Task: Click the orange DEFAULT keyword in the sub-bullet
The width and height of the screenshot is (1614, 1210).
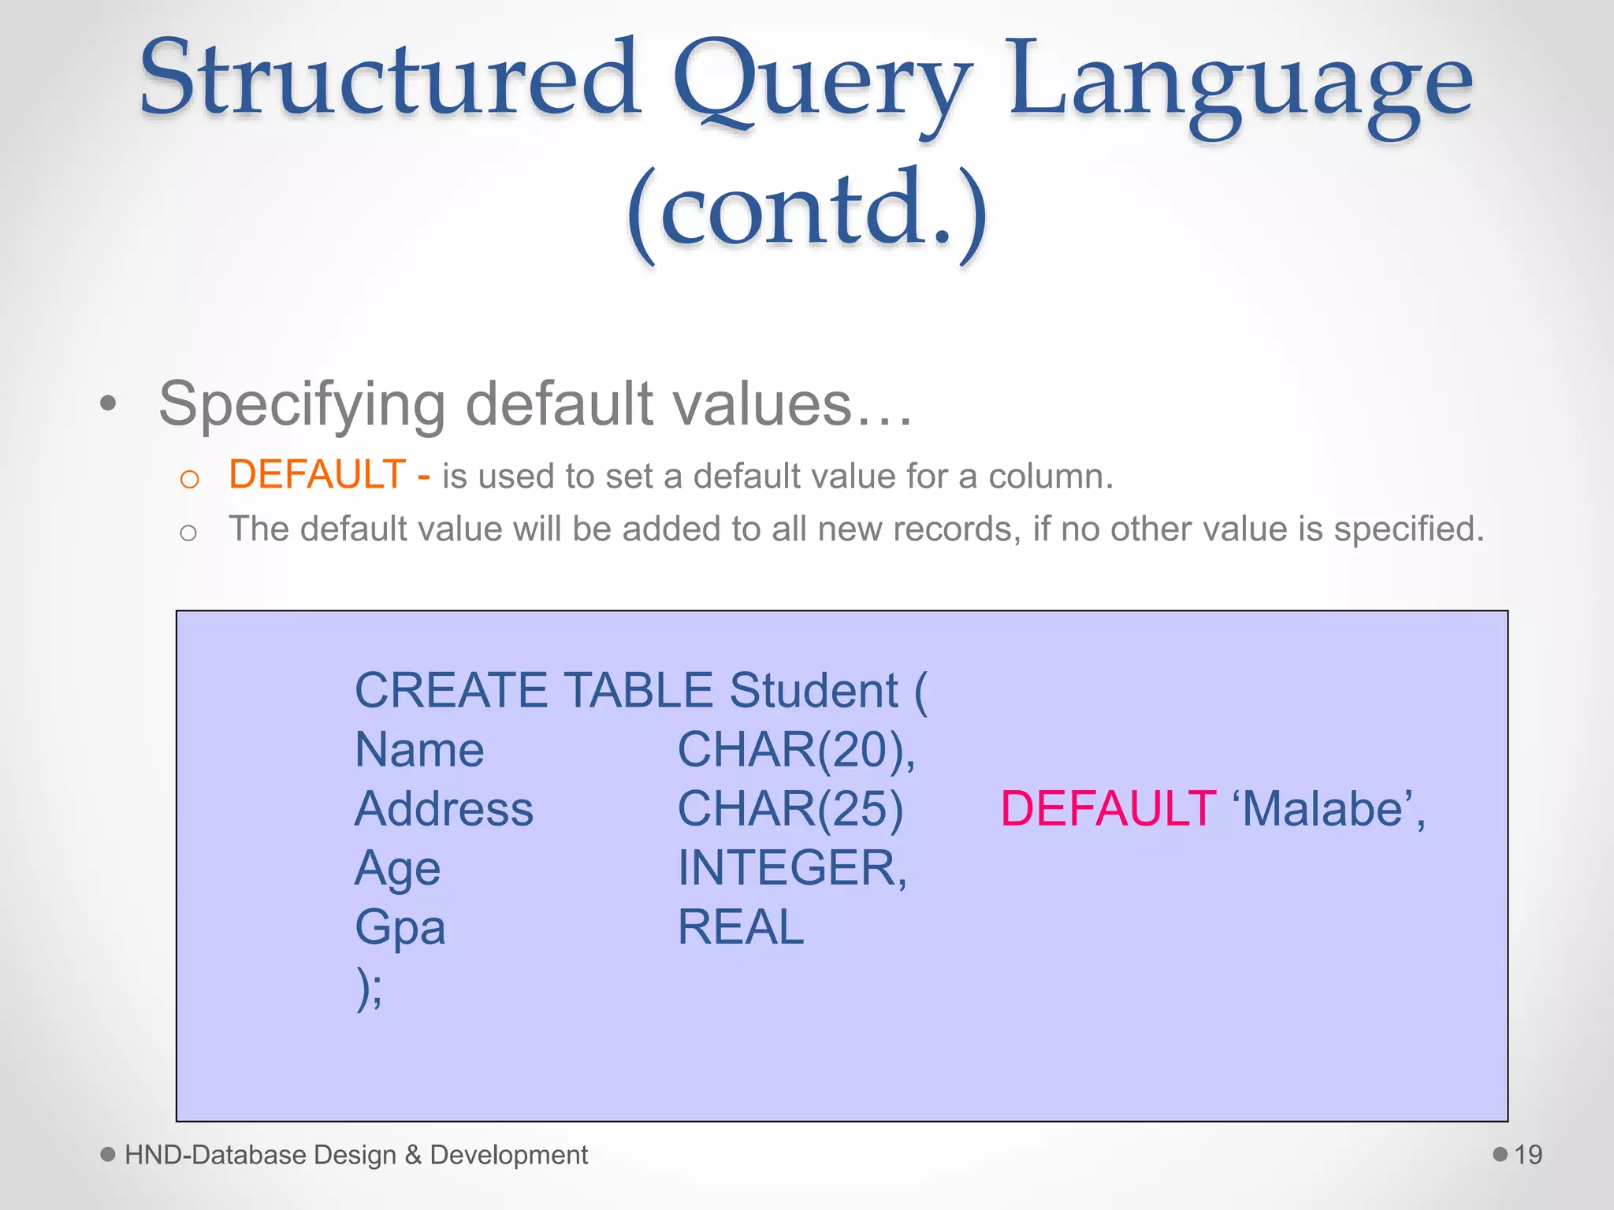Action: coord(317,475)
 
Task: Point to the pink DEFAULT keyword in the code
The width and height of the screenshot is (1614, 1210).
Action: coord(1107,809)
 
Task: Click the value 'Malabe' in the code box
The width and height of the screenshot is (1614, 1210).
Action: coord(1329,809)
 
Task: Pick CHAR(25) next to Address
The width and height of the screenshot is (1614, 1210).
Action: coord(790,809)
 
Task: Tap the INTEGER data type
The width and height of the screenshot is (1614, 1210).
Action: coord(792,868)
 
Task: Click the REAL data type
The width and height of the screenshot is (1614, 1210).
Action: coord(741,927)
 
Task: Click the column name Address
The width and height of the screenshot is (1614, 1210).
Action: coord(444,809)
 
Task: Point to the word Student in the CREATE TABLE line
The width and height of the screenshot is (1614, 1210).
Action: coord(813,691)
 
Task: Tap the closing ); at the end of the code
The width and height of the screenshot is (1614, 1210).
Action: coord(369,988)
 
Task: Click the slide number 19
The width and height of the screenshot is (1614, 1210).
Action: coord(1527,1155)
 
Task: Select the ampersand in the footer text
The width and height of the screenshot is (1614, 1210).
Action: coord(413,1155)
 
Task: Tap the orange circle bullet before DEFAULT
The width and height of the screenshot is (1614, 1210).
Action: coord(189,479)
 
